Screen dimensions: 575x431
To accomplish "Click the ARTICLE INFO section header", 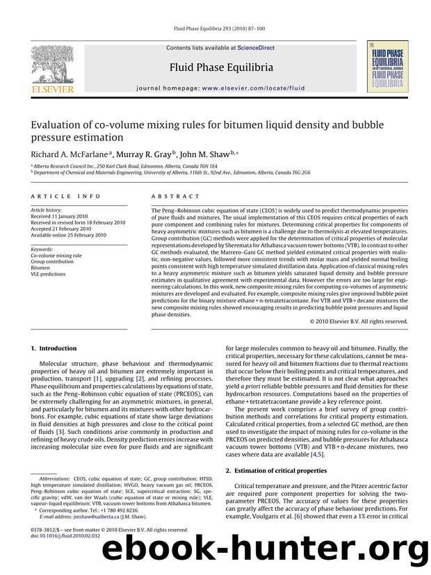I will (x=58, y=197).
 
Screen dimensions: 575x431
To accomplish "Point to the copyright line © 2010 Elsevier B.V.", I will (x=359, y=321).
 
